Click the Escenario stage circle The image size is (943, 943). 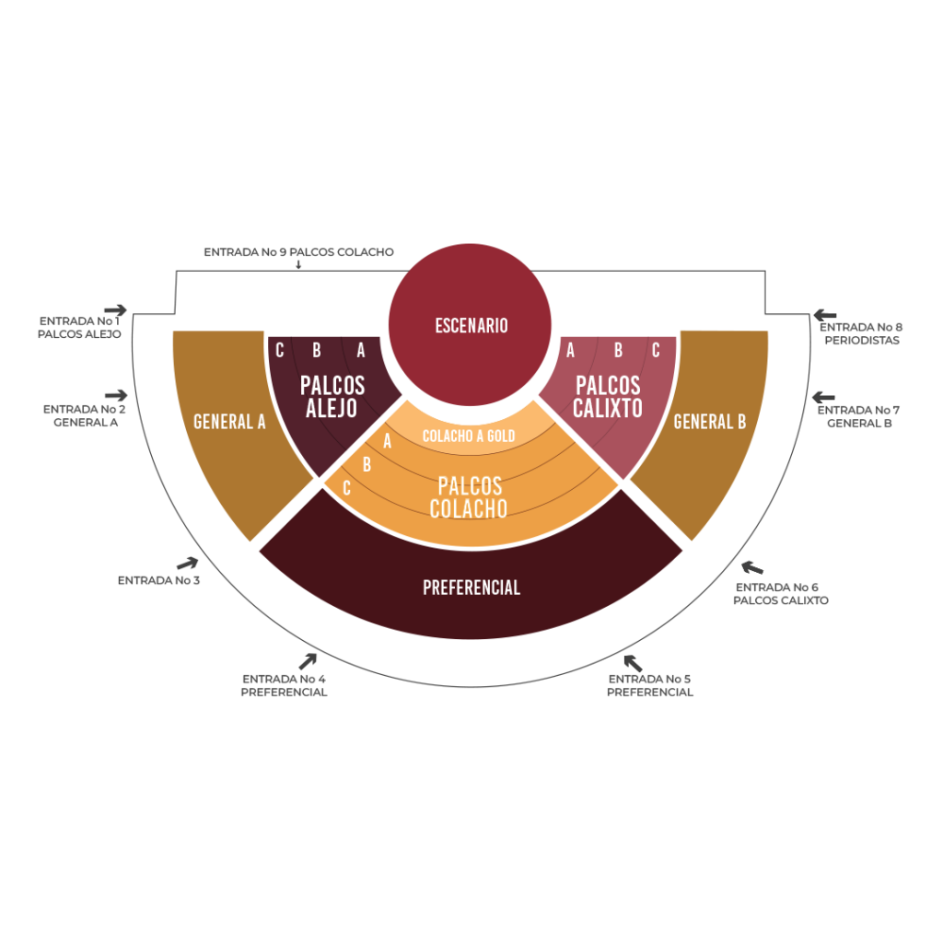470,325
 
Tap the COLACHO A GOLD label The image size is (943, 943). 469,436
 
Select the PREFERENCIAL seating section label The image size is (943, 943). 471,588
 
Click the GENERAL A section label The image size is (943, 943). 229,422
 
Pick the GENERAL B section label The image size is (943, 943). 710,422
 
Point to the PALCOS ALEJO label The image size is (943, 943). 332,396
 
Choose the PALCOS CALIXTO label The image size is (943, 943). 608,396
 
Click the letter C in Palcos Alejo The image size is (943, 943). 280,350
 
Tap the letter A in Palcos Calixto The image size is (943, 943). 570,350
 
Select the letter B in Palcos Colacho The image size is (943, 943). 367,464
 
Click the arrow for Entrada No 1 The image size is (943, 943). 115,310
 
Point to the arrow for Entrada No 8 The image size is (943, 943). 825,315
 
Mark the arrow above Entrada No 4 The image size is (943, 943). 308,661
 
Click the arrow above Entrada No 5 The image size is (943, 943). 633,663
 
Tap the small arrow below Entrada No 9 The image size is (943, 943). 298,264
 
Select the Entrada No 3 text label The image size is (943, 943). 158,580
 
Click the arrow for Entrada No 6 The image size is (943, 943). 752,567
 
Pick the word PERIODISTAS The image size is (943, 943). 862,341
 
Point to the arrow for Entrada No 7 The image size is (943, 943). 823,398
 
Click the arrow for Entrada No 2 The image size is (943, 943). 116,395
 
